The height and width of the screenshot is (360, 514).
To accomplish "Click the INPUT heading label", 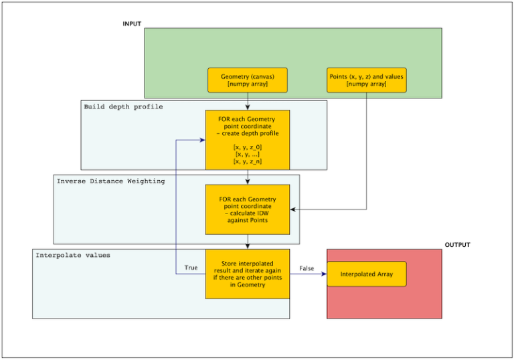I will point(132,24).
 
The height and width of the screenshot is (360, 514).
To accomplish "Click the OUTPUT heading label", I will point(457,245).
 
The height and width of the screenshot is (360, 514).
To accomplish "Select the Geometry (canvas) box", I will point(248,80).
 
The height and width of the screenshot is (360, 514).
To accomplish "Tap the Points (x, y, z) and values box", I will point(367,80).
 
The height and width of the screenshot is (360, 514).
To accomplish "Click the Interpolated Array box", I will point(367,274).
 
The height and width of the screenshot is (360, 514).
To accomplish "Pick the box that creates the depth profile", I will point(248,140).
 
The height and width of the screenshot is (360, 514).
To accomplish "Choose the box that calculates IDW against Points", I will point(248,210).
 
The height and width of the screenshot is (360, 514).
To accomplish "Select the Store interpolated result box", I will point(248,274).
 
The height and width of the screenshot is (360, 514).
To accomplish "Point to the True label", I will point(191,268).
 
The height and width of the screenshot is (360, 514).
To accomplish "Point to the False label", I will point(307,268).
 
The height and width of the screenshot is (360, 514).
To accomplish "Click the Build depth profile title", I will point(123,107).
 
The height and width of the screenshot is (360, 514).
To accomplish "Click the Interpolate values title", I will point(73,255).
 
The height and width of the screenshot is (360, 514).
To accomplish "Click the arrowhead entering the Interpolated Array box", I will point(324,274).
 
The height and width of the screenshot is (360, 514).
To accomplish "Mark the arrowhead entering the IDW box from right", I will point(293,210).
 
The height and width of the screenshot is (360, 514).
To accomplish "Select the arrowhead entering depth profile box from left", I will point(202,141).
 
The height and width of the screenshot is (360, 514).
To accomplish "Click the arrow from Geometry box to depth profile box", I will point(248,101).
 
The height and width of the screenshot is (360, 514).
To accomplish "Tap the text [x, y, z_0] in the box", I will point(248,147).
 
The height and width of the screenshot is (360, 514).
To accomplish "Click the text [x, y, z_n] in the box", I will point(248,161).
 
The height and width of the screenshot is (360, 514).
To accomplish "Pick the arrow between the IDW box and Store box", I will point(248,242).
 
